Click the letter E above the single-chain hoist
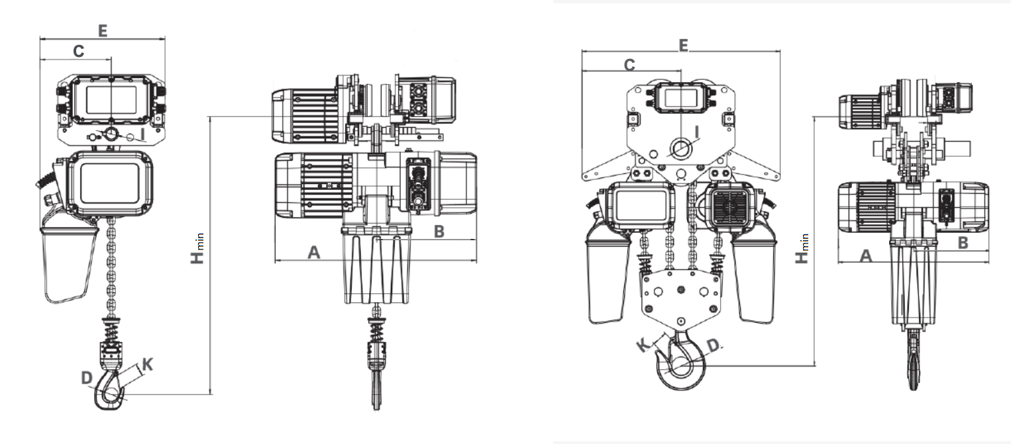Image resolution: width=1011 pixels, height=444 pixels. [x=103, y=30]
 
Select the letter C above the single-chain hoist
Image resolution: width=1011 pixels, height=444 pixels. [x=78, y=51]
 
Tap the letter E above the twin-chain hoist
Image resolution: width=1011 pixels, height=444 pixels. [x=684, y=44]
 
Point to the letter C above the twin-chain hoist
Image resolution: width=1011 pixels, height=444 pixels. [x=630, y=64]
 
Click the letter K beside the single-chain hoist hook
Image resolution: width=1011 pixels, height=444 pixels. [x=148, y=364]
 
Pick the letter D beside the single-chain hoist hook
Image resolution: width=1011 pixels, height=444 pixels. [x=85, y=377]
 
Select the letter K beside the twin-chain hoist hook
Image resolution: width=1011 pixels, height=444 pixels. [x=641, y=345]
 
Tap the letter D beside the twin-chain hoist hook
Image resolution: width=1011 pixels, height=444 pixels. [x=713, y=345]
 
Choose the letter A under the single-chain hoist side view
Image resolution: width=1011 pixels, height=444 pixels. [x=314, y=251]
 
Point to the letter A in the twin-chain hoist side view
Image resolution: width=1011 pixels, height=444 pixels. [x=865, y=255]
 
